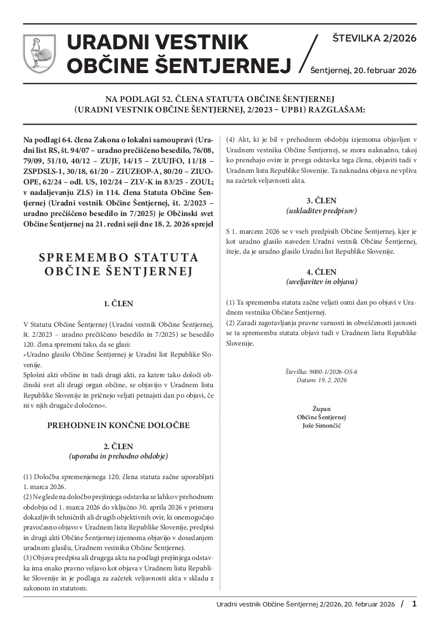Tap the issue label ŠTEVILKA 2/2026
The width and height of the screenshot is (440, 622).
[374, 38]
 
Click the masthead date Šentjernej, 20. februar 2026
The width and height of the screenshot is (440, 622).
[363, 70]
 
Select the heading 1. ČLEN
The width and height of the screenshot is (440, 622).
[118, 304]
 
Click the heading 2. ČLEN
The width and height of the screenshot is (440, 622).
[118, 446]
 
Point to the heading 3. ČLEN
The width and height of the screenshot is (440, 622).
[321, 200]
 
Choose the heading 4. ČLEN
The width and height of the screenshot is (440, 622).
[321, 272]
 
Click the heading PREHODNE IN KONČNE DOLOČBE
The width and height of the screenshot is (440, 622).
[118, 425]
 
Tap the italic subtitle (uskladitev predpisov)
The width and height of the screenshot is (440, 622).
[321, 210]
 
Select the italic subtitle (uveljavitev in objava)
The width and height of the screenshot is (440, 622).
[321, 282]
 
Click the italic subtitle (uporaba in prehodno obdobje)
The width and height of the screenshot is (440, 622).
[118, 456]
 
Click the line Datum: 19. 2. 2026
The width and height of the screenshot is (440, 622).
[321, 380]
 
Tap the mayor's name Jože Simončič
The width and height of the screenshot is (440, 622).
[321, 425]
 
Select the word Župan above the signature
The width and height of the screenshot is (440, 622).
[321, 408]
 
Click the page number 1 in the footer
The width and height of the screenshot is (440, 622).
[414, 603]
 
